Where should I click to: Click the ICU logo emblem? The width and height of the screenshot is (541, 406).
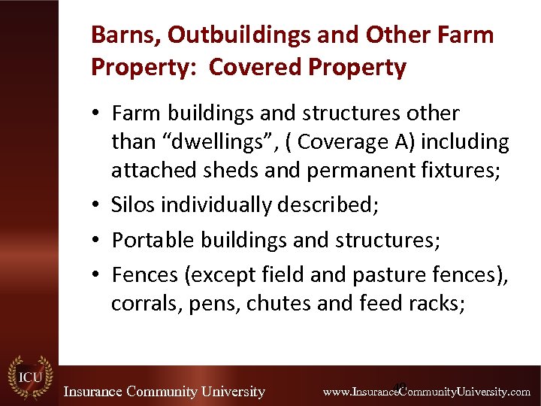(29, 377)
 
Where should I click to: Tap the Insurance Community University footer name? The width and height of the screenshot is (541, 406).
(164, 392)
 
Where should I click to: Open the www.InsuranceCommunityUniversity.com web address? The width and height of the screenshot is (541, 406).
(426, 392)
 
